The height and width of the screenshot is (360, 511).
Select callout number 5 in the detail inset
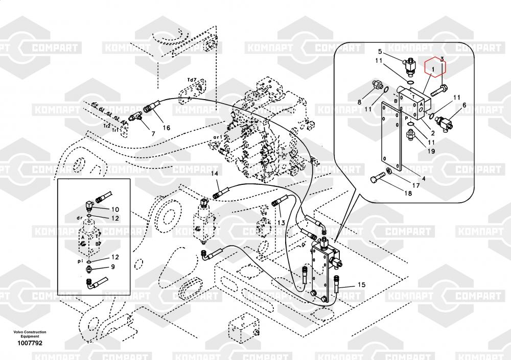[x=380, y=52]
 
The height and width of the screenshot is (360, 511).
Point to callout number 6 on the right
[x=464, y=106]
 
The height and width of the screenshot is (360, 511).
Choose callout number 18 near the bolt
[x=408, y=193]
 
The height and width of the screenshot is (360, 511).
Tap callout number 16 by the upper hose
[x=167, y=128]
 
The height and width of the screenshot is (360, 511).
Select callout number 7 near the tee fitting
[x=152, y=134]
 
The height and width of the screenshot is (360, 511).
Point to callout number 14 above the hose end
[x=215, y=174]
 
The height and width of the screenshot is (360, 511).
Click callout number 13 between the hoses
[x=281, y=223]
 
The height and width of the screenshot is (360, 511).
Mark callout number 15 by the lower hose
[x=361, y=284]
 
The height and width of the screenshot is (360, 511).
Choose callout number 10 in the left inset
[x=115, y=209]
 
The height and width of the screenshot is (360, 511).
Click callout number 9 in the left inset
[x=113, y=266]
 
